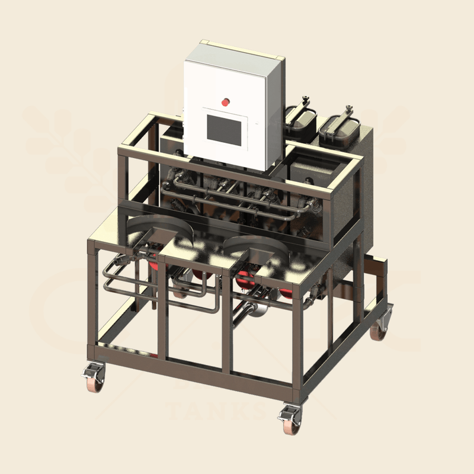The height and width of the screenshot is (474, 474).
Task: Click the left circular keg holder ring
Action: (x=153, y=228)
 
